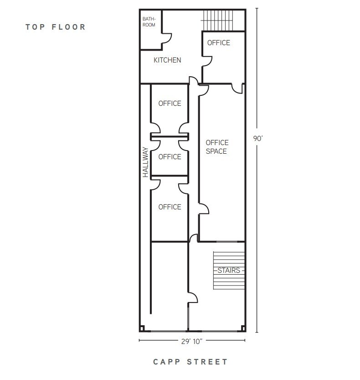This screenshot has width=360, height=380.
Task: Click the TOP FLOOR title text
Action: coord(56,27)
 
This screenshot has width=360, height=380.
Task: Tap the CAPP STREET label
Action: coord(190,362)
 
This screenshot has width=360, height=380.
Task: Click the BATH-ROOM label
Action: coord(149,22)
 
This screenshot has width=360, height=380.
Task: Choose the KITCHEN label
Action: coord(167,60)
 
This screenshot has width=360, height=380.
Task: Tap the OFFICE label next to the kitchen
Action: coord(219,43)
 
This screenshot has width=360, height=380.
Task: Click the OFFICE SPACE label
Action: coord(217,147)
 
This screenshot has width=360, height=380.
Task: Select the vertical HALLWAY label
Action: coord(145,162)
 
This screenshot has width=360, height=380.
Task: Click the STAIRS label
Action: coord(228,271)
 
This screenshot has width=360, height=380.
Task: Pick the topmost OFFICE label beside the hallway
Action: coord(170,104)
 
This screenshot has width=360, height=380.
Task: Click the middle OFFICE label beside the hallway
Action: coord(170,157)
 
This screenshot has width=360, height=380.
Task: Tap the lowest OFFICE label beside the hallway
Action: coord(170,207)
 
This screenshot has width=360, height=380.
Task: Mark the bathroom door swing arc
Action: coord(166,38)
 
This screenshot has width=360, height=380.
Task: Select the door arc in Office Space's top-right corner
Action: coord(237,89)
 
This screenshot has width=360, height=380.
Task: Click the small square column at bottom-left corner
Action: coord(142,328)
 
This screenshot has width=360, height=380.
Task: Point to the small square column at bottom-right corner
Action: coord(243,328)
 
